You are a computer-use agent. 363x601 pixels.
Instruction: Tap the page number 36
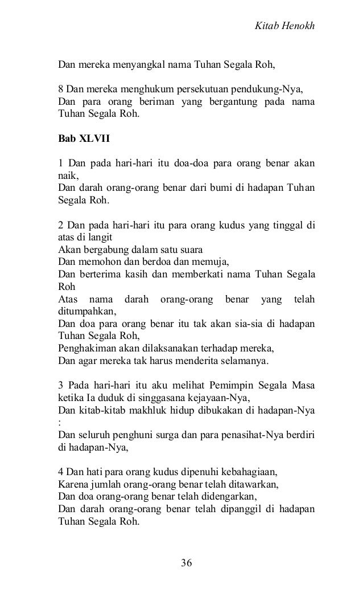[187, 563]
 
